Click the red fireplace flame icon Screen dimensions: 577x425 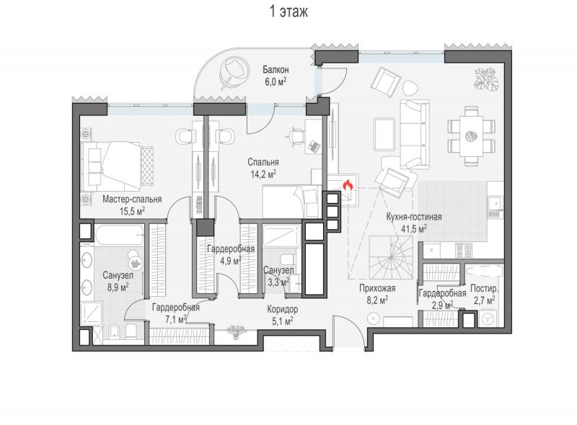pyautogui.click(x=348, y=185)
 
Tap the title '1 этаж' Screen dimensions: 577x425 pyautogui.click(x=289, y=12)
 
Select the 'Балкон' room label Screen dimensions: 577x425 pyautogui.click(x=276, y=69)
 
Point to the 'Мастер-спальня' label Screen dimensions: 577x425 pyautogui.click(x=132, y=200)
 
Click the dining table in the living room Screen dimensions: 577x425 pyautogui.click(x=471, y=136)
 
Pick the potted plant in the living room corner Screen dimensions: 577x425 pyautogui.click(x=486, y=79)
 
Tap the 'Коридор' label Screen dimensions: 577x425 pyautogui.click(x=283, y=310)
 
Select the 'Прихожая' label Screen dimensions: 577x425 pyautogui.click(x=377, y=289)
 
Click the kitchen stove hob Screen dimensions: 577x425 pyautogui.click(x=464, y=250)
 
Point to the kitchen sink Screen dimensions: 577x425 pyautogui.click(x=495, y=202)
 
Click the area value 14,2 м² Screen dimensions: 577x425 pyautogui.click(x=263, y=174)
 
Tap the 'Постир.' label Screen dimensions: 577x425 pyautogui.click(x=485, y=289)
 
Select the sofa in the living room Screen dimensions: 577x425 pyautogui.click(x=414, y=134)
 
